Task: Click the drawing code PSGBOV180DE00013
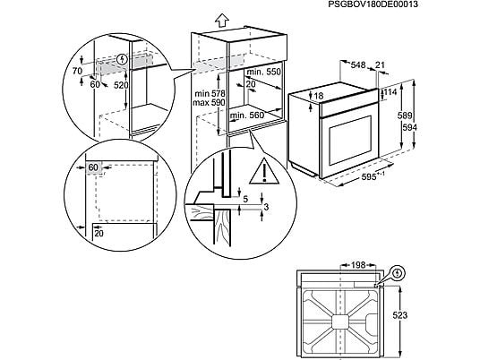373,4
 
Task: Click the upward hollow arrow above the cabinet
221,21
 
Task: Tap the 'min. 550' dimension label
263,72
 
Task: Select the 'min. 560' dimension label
247,116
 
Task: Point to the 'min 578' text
210,93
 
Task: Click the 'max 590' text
209,102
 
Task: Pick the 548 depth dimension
358,64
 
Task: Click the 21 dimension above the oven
380,64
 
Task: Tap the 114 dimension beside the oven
390,92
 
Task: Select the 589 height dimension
405,116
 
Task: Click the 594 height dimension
409,127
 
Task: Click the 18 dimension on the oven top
319,96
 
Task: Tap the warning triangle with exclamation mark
264,171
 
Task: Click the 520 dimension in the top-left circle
121,85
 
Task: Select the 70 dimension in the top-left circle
77,71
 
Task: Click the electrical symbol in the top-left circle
123,59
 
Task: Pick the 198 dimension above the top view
358,265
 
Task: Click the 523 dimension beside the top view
400,315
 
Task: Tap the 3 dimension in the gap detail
266,207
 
